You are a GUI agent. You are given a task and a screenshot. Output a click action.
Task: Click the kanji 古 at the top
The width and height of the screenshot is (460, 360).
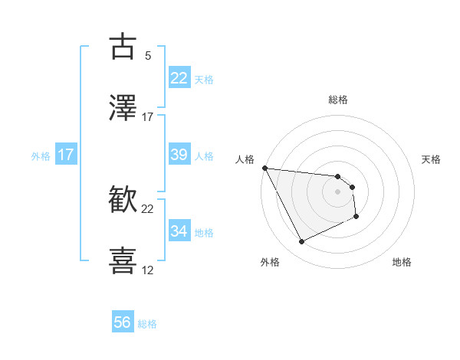123,47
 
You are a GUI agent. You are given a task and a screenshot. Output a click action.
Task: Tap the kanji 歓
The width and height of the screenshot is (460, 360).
123,199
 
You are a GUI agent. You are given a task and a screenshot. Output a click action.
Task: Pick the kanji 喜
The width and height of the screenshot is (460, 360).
123,260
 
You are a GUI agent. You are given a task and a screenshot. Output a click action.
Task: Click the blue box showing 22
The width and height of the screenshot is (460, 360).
179,77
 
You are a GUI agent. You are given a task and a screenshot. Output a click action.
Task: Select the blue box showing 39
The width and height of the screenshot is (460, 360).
179,154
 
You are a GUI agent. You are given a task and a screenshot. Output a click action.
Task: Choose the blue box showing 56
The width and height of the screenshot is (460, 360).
123,322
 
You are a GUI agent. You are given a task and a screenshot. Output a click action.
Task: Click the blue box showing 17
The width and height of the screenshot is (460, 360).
66,155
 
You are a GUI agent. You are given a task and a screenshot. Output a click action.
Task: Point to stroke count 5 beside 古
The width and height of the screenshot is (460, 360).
148,56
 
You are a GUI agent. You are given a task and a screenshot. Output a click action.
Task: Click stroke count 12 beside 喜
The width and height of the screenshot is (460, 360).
148,270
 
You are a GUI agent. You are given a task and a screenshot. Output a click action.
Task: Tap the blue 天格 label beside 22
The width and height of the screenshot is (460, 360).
203,79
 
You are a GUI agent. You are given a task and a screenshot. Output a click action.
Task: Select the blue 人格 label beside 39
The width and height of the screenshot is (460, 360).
203,155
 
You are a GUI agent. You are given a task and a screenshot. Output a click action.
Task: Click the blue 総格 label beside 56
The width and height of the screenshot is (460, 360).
147,324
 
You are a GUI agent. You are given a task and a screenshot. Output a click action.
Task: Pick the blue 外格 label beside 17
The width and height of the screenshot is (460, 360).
41,155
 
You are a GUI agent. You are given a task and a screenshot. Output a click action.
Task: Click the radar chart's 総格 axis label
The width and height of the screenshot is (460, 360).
338,100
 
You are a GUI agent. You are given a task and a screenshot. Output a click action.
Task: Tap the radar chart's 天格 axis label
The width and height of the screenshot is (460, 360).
432,159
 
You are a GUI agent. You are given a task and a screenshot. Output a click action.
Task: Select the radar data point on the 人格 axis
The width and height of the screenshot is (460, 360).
264,168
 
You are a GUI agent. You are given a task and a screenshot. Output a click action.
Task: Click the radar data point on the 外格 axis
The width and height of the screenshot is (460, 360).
301,242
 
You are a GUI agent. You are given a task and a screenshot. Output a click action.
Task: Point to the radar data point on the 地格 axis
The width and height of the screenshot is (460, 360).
356,217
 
